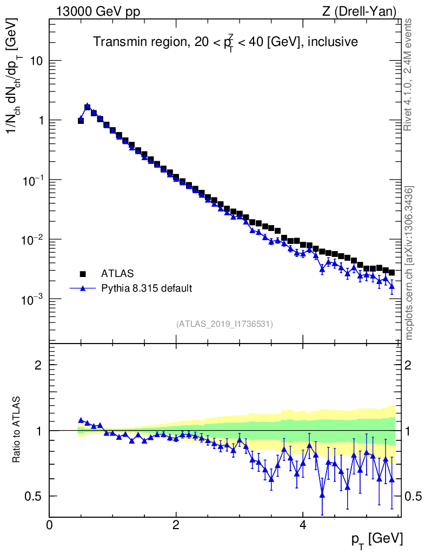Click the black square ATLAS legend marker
click(x=83, y=273)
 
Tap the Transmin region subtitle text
click(x=225, y=42)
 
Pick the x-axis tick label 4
click(x=303, y=525)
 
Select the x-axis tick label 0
click(x=50, y=525)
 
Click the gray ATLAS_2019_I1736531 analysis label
click(x=224, y=324)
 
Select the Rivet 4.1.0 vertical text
click(x=409, y=74)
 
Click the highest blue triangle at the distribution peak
click(x=87, y=107)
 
